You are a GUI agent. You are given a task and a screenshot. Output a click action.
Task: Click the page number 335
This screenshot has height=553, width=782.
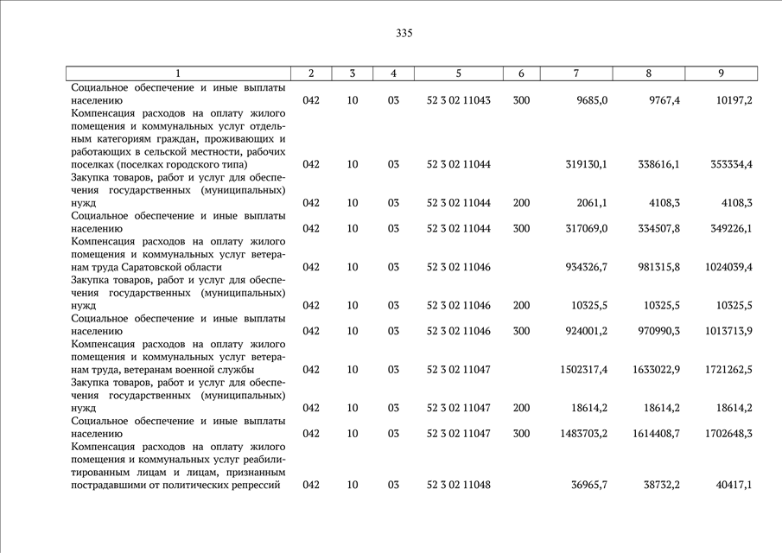[404, 34]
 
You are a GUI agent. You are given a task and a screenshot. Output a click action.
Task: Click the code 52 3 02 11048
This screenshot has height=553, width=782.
[458, 485]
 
